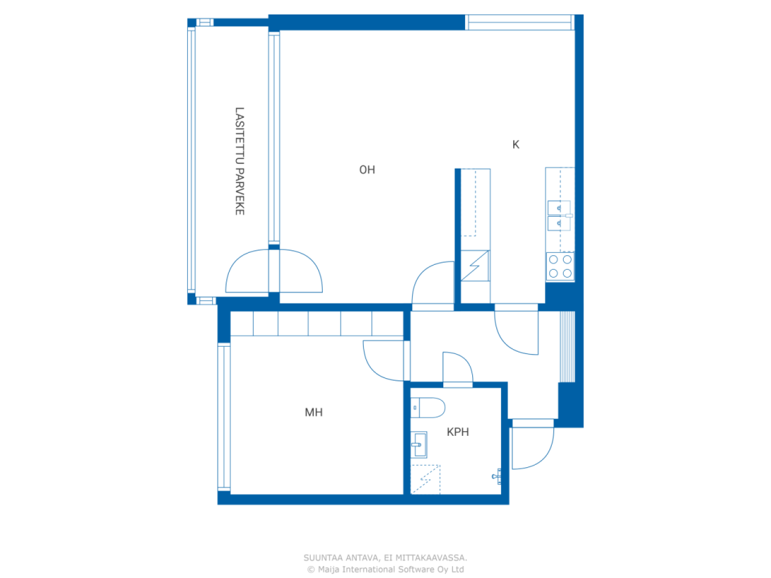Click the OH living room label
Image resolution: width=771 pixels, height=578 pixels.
(367, 170)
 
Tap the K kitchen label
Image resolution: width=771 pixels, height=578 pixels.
(516, 144)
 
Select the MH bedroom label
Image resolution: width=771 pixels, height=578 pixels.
(314, 412)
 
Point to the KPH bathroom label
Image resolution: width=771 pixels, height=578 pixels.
(458, 432)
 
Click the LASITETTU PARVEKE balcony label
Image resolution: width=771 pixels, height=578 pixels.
(240, 161)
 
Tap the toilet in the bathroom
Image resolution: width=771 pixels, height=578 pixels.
(428, 408)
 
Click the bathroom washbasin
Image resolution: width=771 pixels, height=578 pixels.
(419, 445)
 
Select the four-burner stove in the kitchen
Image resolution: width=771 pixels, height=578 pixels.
(560, 266)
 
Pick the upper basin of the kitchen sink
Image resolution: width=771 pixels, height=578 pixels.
(559, 208)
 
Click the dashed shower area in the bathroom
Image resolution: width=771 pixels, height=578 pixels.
(425, 479)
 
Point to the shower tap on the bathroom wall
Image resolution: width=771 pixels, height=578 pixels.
(497, 476)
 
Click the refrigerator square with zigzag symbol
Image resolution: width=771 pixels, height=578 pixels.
(475, 266)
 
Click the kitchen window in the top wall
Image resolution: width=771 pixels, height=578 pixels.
(519, 22)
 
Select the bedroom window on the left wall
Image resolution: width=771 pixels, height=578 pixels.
(223, 417)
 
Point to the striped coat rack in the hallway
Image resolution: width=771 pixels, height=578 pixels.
(567, 346)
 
